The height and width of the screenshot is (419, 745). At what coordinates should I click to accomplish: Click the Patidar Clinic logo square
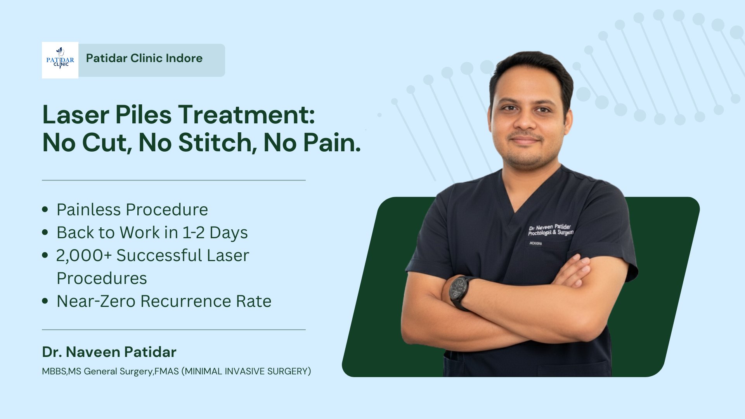(60, 60)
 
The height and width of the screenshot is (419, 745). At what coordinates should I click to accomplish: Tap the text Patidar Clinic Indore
(144, 58)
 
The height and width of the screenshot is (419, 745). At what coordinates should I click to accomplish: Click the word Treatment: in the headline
(246, 115)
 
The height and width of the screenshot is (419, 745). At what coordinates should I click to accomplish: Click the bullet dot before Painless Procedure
(45, 209)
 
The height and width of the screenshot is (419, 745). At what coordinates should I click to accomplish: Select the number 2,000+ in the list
(84, 256)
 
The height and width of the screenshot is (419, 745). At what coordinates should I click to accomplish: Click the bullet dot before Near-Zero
(45, 301)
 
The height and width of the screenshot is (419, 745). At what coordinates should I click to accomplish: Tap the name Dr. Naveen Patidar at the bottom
(109, 352)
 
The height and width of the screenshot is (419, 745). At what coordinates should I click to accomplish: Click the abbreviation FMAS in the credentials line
(166, 371)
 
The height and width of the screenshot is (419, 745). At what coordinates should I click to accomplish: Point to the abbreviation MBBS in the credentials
(54, 371)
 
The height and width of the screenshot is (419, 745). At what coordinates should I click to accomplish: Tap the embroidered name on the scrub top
(550, 230)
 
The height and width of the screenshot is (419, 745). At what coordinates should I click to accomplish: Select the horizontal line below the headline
(174, 180)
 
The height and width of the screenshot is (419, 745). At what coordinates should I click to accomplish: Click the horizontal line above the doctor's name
(174, 330)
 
